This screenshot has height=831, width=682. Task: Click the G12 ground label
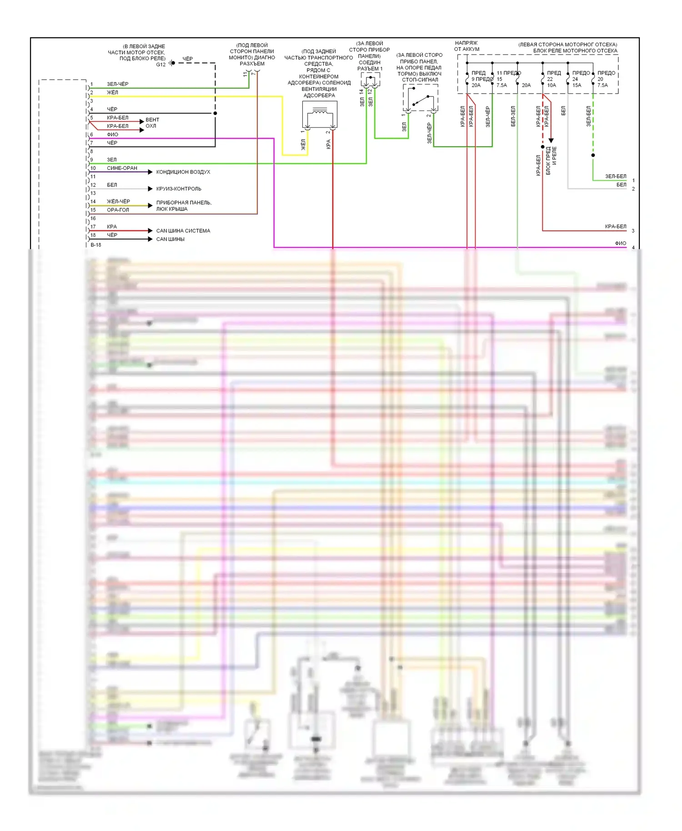point(161,65)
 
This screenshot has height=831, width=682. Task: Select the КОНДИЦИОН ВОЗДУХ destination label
point(183,172)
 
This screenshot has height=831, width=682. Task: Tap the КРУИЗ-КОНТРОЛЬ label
point(178,189)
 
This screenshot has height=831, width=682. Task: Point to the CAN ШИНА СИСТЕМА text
point(183,231)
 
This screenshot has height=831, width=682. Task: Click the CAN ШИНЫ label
point(170,239)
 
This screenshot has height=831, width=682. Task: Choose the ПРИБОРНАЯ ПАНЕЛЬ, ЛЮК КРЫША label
point(183,205)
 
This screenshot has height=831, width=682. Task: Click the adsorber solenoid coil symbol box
point(320,114)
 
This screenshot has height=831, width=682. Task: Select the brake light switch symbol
point(421,98)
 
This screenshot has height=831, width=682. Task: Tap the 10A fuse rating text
point(552,85)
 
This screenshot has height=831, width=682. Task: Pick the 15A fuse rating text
point(577,85)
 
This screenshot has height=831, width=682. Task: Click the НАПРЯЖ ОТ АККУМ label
point(466,46)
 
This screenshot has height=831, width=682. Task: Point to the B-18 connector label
point(96,245)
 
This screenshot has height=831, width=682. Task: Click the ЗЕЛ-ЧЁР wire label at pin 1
point(117,84)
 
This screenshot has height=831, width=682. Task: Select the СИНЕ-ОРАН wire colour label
point(122,168)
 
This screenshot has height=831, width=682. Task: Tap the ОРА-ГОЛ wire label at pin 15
point(118,210)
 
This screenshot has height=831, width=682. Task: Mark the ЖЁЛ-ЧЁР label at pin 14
point(118,201)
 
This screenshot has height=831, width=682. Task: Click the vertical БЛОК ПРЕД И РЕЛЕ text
point(551,160)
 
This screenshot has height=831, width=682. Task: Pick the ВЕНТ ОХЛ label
point(152,123)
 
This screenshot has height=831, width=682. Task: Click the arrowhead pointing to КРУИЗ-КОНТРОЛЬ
point(150,189)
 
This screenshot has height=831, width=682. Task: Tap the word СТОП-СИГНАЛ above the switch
point(420,80)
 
